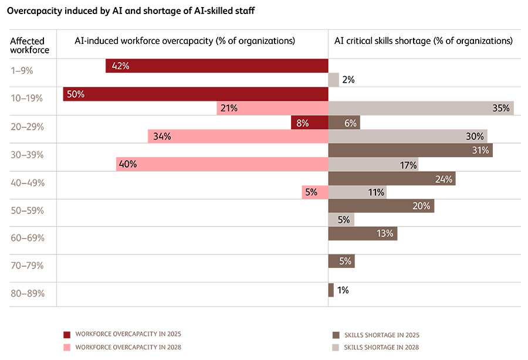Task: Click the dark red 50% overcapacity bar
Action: (195, 94)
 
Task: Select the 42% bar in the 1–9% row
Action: (216, 66)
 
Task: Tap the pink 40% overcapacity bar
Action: (222, 164)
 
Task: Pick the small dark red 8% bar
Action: (309, 122)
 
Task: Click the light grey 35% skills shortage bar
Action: (421, 108)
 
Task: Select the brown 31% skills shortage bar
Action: (410, 150)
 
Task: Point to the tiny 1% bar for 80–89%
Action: (331, 290)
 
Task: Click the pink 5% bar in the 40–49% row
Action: (315, 192)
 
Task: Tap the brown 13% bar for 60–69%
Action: (363, 233)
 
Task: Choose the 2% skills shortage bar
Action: (333, 80)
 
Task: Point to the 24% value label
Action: (444, 178)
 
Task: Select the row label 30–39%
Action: (26, 155)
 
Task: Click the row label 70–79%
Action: (26, 265)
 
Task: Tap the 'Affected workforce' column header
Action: (30, 45)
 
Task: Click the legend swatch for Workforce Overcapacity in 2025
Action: (67, 334)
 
